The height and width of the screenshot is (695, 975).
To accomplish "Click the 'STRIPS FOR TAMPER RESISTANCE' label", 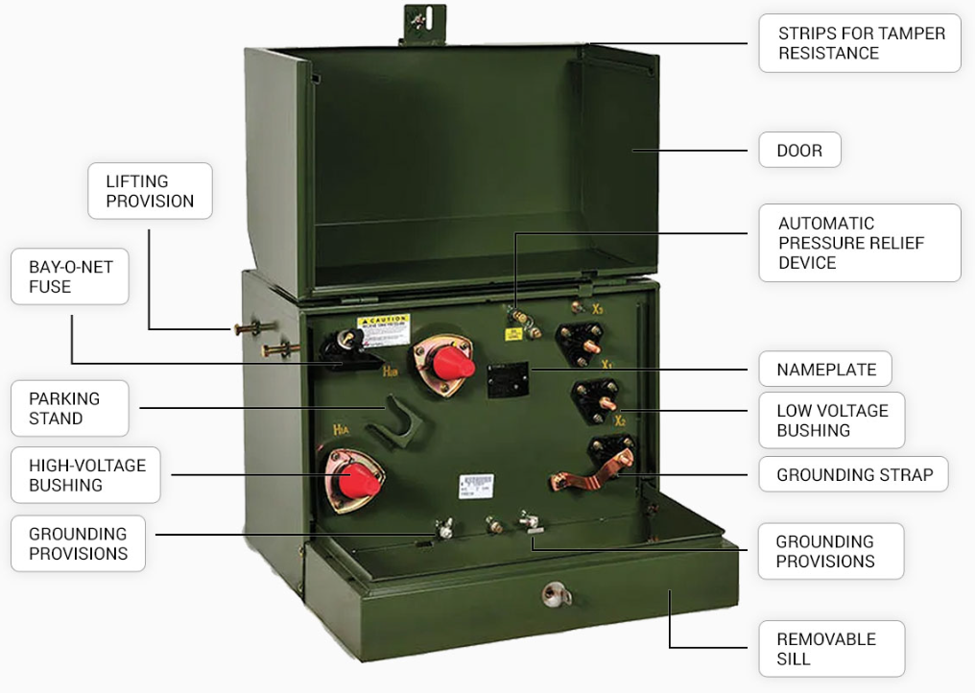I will pos(859,43).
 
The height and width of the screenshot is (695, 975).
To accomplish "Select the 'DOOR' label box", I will pos(798,151).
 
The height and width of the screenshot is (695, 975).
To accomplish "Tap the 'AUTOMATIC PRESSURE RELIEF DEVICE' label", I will pos(859,243).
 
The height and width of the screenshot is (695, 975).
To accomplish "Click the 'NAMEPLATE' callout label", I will pos(825,370).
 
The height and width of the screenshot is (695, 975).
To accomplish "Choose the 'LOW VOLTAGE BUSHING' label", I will pos(831,420).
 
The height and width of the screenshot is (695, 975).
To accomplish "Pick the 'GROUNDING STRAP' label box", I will pos(853,474).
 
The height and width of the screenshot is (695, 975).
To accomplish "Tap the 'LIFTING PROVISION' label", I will pos(150,191).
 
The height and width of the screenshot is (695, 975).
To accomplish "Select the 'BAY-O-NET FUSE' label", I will pos(70,277).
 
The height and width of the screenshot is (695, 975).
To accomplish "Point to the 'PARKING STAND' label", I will pos(70,409).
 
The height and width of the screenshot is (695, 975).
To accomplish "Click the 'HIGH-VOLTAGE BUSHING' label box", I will pos(86,475).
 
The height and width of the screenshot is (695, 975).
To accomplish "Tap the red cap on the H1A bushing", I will pos(358,480).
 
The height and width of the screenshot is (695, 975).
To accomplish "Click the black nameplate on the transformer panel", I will pos(508,379).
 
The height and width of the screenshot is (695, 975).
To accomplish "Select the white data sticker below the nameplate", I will pos(476,485).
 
